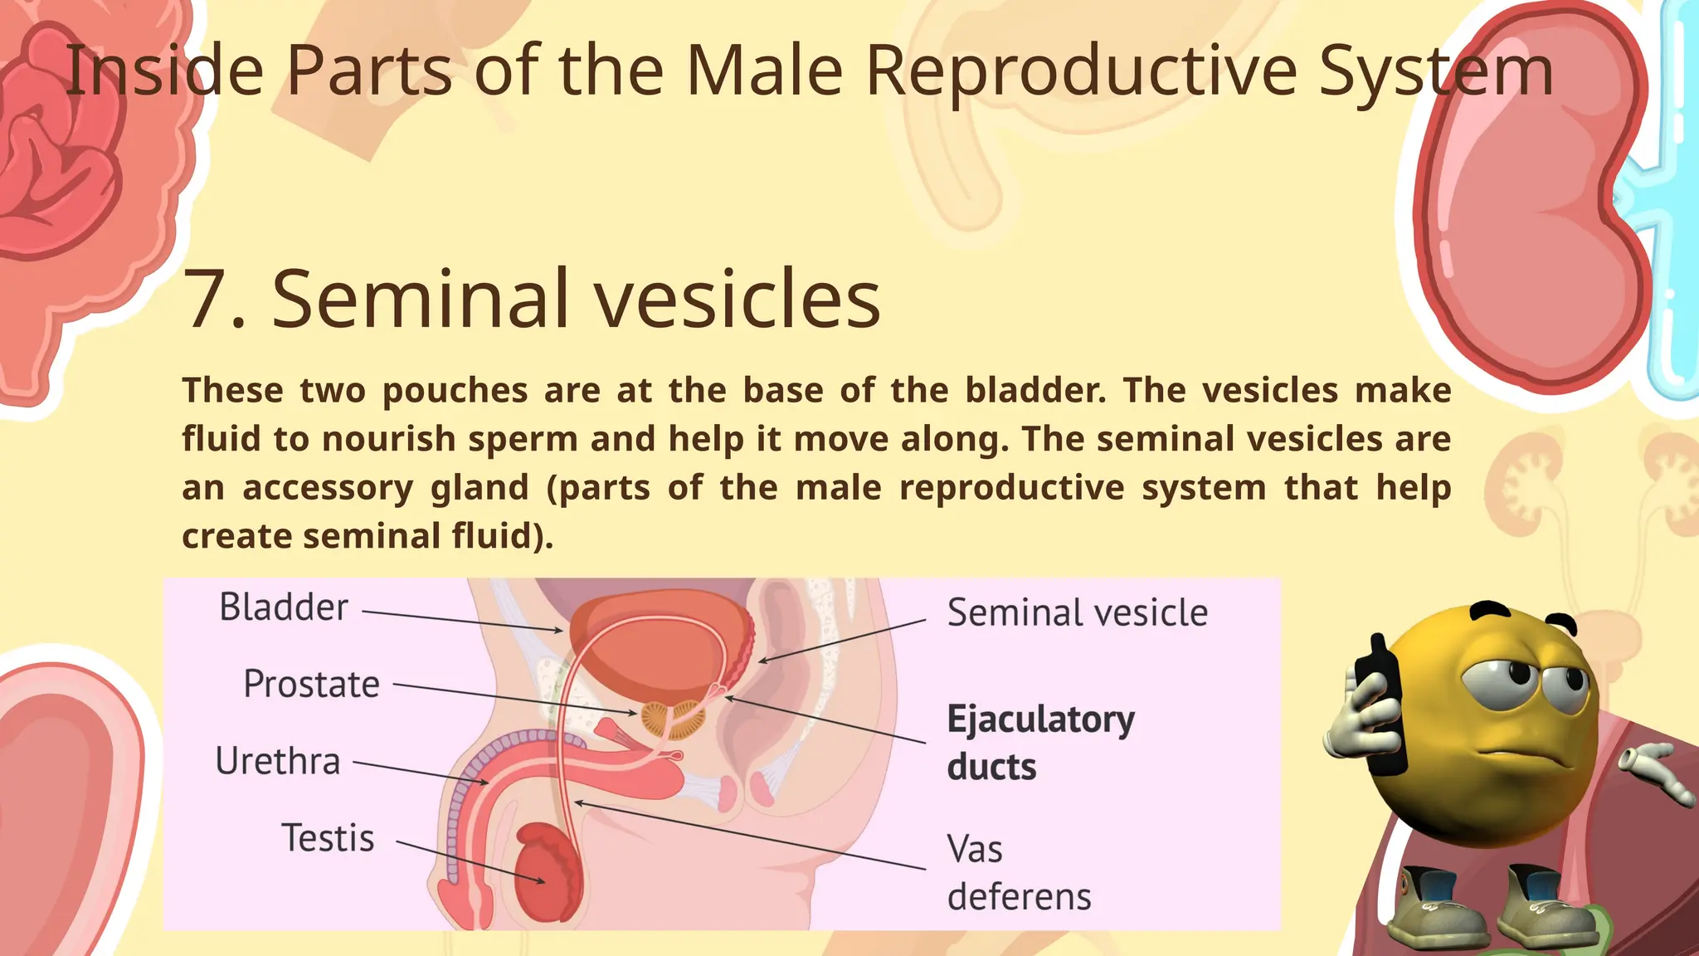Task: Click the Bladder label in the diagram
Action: click(283, 607)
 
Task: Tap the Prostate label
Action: click(311, 685)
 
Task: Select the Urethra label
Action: click(278, 761)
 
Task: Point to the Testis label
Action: click(328, 838)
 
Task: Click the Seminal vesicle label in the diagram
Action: click(1077, 613)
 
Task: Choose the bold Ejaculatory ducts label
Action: click(1039, 743)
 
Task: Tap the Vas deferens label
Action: click(1018, 873)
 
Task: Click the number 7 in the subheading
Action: click(204, 299)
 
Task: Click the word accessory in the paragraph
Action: click(328, 488)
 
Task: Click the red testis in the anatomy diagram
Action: click(543, 871)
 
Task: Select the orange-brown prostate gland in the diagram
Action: click(673, 719)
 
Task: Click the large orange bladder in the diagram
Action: click(655, 656)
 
